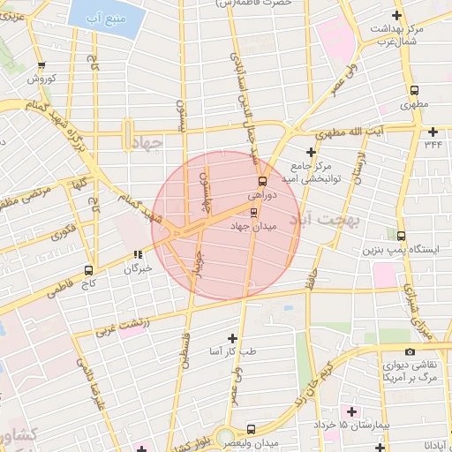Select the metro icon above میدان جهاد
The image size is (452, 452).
point(254,212)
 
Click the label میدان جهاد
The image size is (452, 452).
point(254,227)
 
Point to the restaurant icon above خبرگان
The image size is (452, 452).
point(138,255)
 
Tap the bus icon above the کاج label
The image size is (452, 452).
point(88,270)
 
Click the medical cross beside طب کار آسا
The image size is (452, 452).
point(232,337)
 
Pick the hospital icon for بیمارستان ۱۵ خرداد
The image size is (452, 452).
point(353,411)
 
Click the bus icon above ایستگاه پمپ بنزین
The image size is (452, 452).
point(402,237)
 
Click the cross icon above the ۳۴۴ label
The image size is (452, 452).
point(432,128)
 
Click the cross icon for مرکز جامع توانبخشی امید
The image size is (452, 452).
point(310,152)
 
